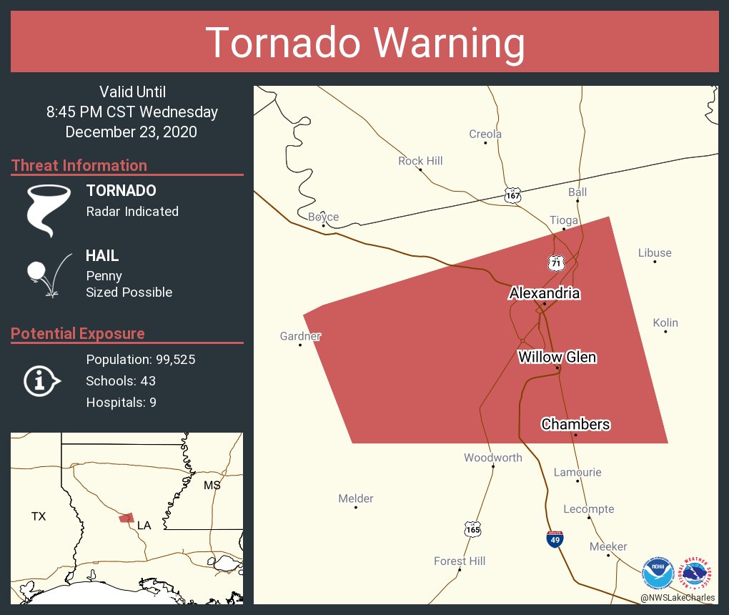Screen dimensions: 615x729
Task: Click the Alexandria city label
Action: (544, 293)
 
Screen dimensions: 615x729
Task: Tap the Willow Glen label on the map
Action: (557, 357)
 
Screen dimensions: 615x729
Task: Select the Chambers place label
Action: (575, 424)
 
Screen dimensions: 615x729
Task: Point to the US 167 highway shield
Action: (512, 195)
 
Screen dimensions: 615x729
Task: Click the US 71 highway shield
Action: (556, 262)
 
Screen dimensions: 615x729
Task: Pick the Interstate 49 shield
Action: (555, 539)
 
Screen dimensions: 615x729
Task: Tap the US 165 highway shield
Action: (472, 530)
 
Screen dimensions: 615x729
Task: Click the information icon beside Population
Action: (41, 381)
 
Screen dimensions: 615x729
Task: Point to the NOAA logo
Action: (658, 573)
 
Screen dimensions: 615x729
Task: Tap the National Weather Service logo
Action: (698, 573)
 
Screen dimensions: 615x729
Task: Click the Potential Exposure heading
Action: (78, 334)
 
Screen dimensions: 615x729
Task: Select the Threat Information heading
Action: (79, 166)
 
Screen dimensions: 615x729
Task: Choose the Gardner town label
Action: (300, 336)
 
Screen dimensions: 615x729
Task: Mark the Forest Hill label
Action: (460, 561)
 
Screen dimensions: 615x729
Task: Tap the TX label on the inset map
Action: (39, 516)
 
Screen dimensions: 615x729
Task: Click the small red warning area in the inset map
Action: (127, 517)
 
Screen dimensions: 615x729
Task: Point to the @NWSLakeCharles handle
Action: (678, 598)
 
